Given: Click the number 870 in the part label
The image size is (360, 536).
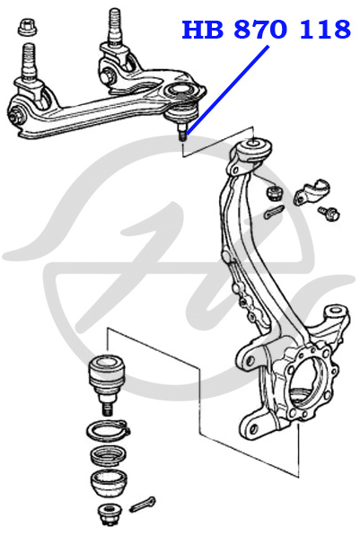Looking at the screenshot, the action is tap(259, 29).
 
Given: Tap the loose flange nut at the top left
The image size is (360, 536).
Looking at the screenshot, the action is tap(27, 27).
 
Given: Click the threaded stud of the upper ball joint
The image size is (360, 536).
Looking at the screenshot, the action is tap(183, 132).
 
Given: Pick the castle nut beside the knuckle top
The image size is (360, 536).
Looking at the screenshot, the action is tap(275, 193).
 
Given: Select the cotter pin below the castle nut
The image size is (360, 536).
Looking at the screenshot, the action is tap(274, 212).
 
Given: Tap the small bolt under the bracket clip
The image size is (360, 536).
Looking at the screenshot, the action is tap(329, 213).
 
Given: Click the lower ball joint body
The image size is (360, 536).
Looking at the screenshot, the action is tap(106, 378).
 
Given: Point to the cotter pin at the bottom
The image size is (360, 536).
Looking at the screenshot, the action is tap(143, 505).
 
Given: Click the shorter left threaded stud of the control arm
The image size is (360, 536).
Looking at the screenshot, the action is tap(29, 62).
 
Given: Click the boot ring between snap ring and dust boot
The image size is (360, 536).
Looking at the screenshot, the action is tap(109, 456).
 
